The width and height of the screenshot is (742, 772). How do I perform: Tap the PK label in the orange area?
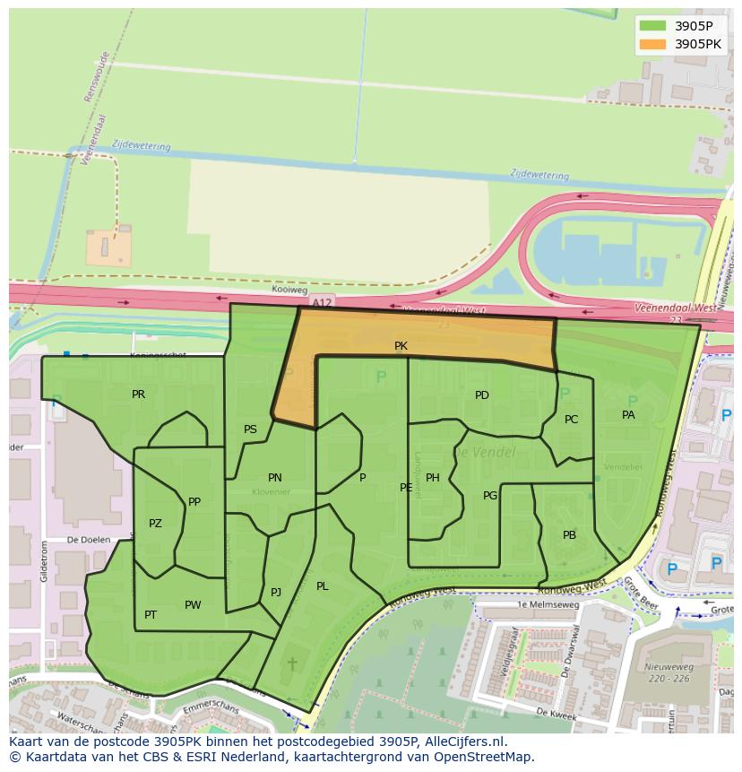[x=401, y=346]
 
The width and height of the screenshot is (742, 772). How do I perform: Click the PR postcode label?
[x=138, y=395]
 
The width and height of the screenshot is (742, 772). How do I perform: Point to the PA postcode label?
[x=628, y=415]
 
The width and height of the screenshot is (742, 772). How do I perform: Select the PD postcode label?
[x=482, y=395]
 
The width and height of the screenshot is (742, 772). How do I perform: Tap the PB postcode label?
[x=569, y=535]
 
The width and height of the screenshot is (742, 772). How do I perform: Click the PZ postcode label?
[x=155, y=524]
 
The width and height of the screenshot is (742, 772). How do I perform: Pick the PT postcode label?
[x=151, y=615]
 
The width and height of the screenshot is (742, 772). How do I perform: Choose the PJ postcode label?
[x=276, y=593]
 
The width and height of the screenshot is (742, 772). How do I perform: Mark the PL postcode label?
[x=322, y=586]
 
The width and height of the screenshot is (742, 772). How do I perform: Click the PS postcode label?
[x=250, y=429]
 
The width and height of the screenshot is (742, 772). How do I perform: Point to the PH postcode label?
[x=433, y=478]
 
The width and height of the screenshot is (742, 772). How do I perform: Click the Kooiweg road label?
[x=289, y=291]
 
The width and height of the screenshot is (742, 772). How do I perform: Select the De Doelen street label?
[x=89, y=540]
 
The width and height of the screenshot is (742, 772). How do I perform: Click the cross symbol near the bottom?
[x=291, y=664]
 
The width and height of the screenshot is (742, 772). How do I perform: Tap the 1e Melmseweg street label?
[x=548, y=605]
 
